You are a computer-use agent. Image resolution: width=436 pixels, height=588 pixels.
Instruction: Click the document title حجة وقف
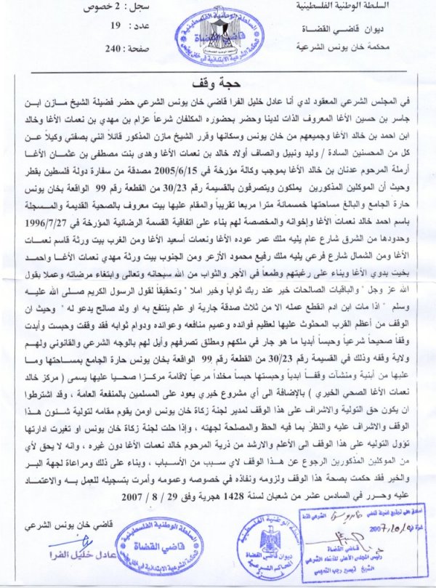218,80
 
